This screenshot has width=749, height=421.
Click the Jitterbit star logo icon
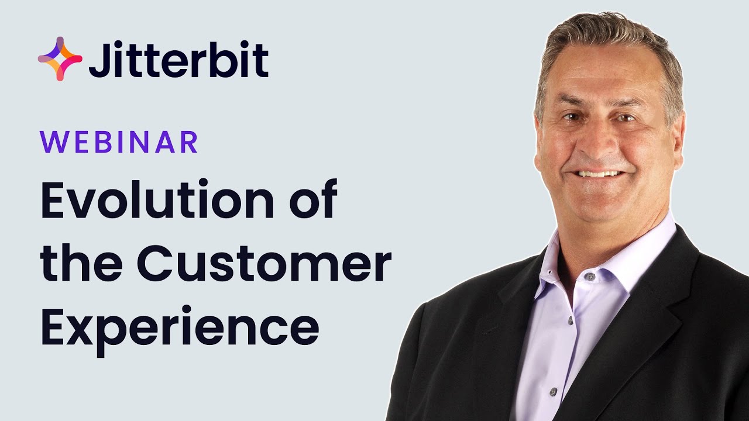(x=60, y=58)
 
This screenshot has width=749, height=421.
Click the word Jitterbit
(x=178, y=60)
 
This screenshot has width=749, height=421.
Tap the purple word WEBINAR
(x=119, y=142)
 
